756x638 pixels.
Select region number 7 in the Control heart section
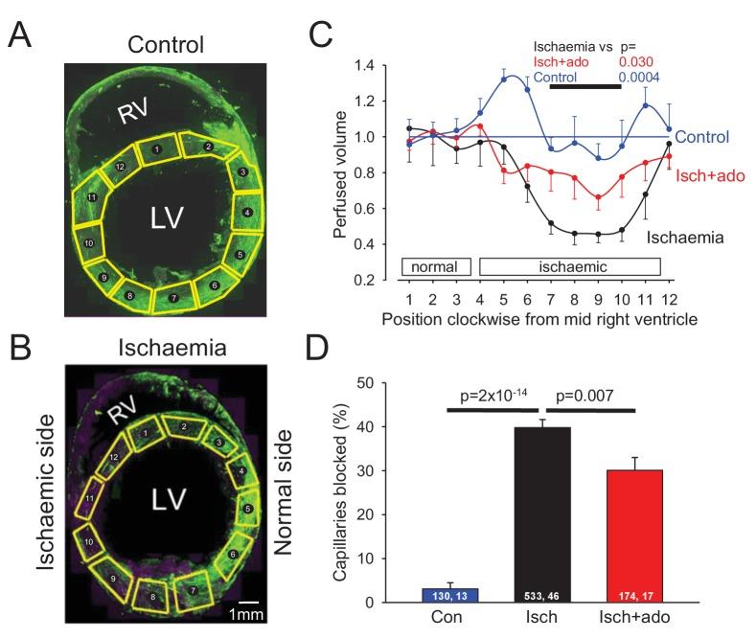coord(173,299)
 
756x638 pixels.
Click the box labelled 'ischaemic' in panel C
coord(569,265)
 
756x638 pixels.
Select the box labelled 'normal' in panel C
coord(434,265)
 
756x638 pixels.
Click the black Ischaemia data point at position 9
coord(598,234)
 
